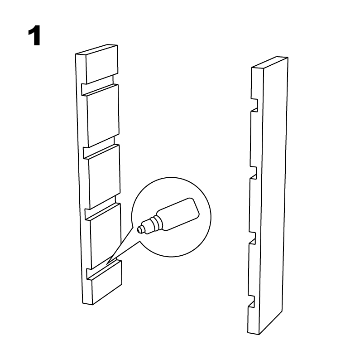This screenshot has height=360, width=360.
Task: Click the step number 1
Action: tap(35, 36)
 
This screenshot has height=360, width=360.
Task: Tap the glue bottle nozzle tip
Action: tap(139, 230)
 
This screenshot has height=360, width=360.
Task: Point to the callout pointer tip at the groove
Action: tap(106, 264)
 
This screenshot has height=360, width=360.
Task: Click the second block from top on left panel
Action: tap(103, 116)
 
